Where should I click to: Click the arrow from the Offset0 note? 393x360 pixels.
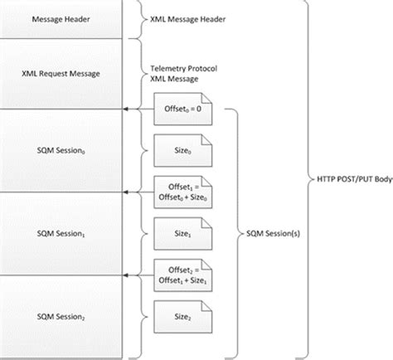(x=137, y=108)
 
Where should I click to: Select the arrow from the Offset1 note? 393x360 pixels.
(x=137, y=192)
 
